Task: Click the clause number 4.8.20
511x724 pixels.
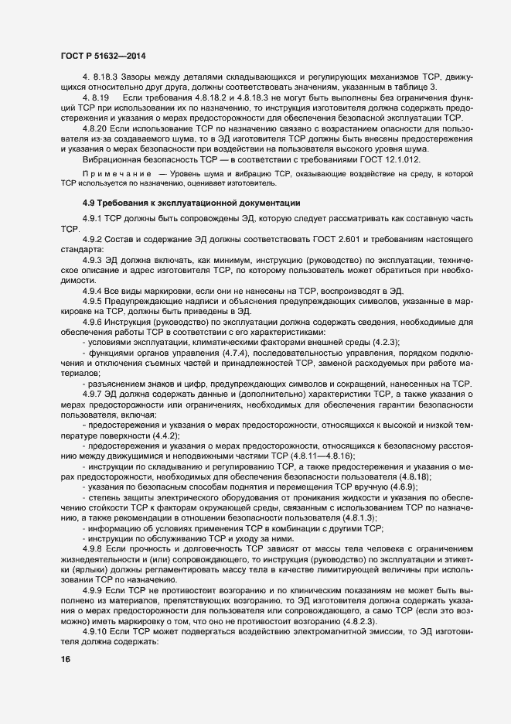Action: point(96,126)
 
